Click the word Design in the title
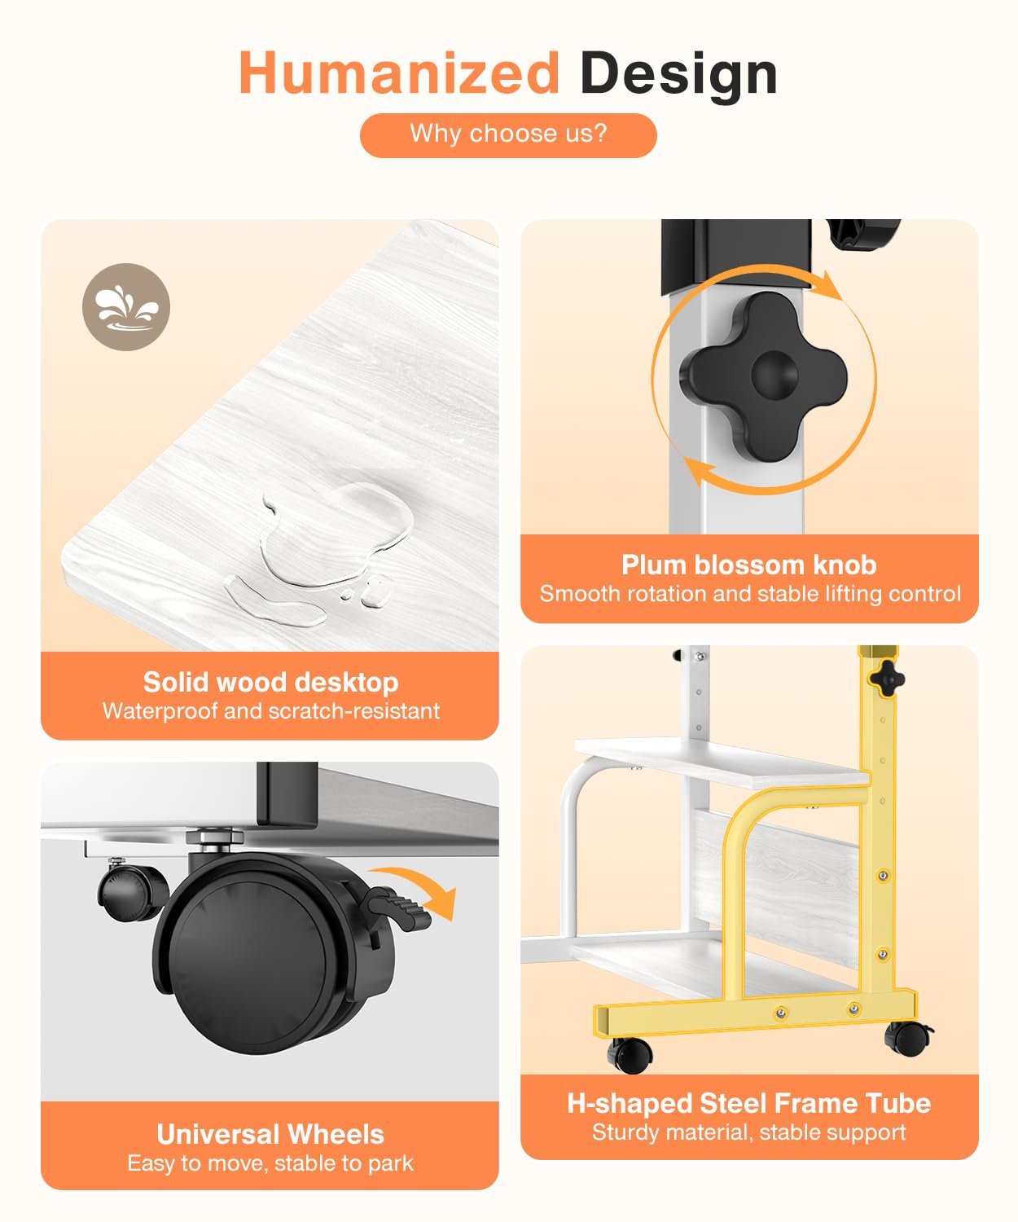tap(678, 76)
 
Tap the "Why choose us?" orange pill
tap(508, 135)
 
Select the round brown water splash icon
tap(126, 306)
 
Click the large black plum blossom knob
tap(763, 376)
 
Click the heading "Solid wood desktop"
tap(271, 682)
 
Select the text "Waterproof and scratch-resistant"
tap(271, 711)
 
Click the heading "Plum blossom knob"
tap(749, 565)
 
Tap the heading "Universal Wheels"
tap(270, 1134)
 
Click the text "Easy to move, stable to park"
tap(270, 1163)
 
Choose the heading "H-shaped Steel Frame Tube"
tap(749, 1103)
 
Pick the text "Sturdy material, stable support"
tap(749, 1132)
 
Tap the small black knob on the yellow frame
tap(887, 679)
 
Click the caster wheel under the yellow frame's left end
tap(630, 1055)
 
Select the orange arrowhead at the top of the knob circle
tap(831, 285)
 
